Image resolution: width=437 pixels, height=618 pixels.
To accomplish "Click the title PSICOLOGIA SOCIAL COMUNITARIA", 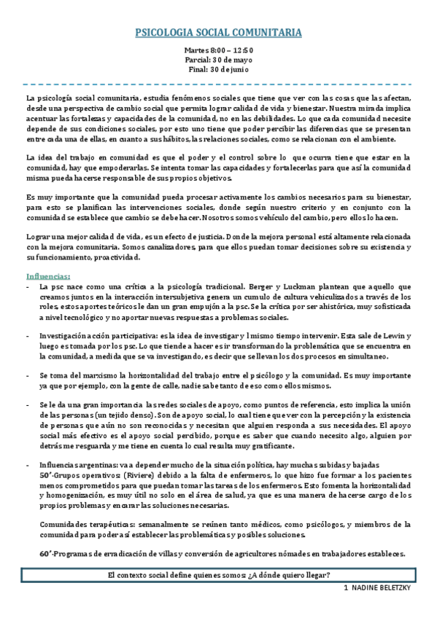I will [219, 33].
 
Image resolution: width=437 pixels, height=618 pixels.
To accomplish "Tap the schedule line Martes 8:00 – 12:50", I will [219, 50].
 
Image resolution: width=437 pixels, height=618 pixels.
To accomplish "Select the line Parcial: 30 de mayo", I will [219, 60].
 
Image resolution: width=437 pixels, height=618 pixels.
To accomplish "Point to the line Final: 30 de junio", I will [219, 69].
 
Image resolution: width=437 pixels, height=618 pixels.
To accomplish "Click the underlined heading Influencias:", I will [47, 276].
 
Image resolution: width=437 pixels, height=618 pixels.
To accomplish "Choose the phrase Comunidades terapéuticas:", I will [85, 524].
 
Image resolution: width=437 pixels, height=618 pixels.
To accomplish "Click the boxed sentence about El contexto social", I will [219, 574].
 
